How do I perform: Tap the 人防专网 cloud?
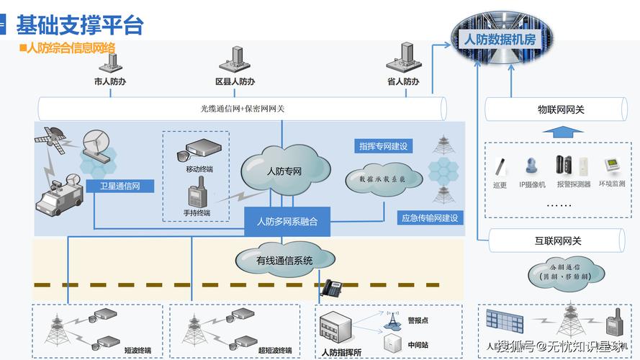click(284, 171)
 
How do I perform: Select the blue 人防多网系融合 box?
click(287, 221)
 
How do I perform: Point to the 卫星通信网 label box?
click(125, 186)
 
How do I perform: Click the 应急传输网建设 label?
click(430, 217)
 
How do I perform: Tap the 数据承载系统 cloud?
click(376, 178)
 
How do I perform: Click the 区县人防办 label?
click(235, 82)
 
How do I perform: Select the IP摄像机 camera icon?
click(532, 166)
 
